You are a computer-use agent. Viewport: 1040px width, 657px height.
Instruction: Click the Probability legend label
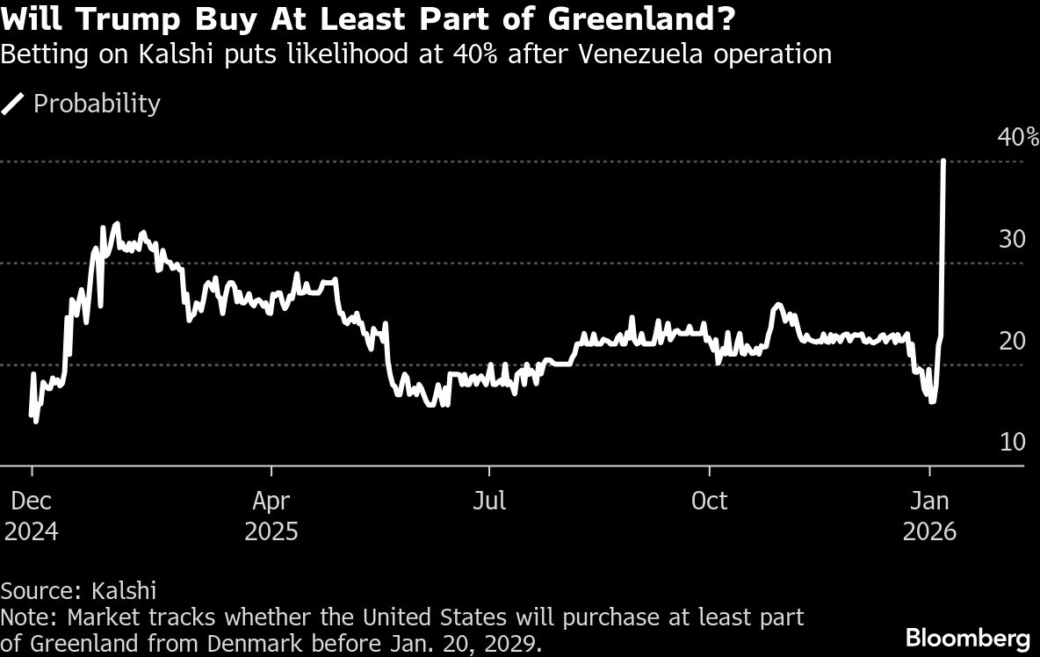[x=97, y=104]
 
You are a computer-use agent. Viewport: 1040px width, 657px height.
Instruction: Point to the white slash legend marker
[x=14, y=104]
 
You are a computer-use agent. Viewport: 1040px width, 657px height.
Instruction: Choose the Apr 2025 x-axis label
[x=271, y=516]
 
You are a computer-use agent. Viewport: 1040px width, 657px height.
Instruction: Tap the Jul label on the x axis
[x=488, y=501]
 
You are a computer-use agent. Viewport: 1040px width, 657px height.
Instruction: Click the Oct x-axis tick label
[x=709, y=501]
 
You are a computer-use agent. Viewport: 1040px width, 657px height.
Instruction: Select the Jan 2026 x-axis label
[x=930, y=516]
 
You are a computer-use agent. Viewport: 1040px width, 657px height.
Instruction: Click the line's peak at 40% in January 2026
[x=943, y=162]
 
